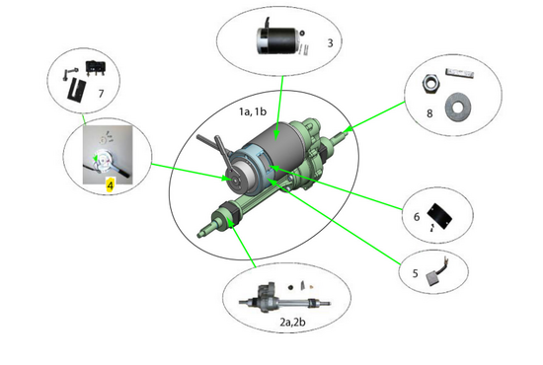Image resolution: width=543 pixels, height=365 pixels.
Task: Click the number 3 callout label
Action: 330,42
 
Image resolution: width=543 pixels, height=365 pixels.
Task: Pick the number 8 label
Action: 429,113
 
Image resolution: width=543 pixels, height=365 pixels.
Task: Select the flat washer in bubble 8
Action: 458,101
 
